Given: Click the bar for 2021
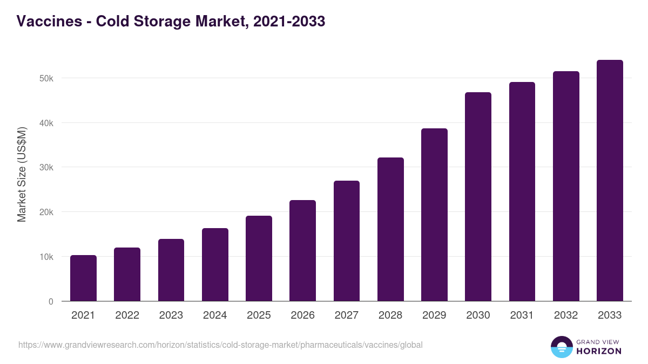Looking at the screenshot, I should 83,278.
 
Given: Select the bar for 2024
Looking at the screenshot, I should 215,265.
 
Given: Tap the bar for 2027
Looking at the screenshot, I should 347,241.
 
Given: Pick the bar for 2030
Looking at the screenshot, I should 478,197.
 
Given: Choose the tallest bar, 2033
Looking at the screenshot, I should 610,181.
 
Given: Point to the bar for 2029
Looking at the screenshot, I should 435,215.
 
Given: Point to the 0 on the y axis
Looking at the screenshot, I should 51,301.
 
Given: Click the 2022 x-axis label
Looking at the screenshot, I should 127,315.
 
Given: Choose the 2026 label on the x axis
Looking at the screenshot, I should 302,315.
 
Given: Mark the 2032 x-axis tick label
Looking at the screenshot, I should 566,315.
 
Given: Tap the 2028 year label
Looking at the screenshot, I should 390,315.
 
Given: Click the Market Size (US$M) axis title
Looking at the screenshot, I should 22,175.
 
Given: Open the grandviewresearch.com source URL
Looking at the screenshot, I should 220,345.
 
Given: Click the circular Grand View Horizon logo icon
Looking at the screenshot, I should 561,347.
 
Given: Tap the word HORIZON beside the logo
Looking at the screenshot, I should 599,351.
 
